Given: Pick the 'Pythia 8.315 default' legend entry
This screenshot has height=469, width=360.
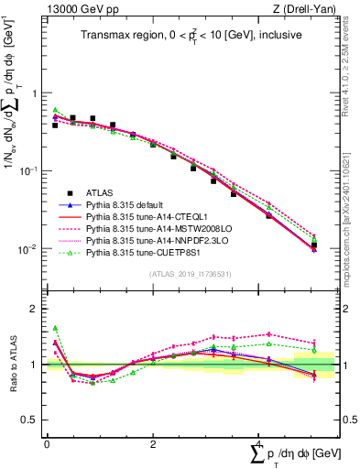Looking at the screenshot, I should point(138,204).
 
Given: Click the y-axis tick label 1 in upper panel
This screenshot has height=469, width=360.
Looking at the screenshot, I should point(35,93).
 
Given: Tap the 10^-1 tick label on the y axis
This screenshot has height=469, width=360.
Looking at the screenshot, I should point(29,170).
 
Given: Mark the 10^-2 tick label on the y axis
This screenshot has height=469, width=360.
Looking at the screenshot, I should point(29,248).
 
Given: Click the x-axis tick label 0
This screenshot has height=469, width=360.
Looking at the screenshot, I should point(47,443).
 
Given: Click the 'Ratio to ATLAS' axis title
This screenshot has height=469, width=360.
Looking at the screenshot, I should point(12,364).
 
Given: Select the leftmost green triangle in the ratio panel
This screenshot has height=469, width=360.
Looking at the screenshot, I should point(55,328).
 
